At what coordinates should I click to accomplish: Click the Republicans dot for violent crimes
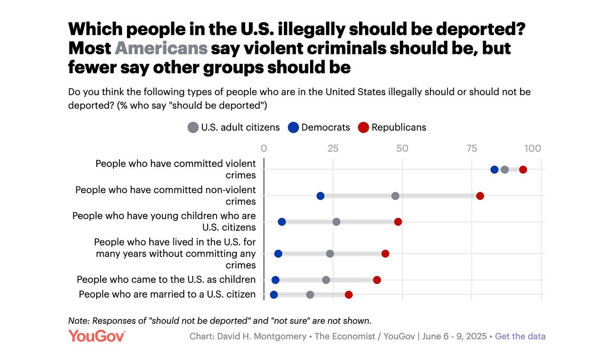[523, 169]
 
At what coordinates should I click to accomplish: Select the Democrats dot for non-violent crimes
[320, 196]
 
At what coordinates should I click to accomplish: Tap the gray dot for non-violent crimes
[395, 196]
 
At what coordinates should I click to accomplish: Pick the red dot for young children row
[398, 222]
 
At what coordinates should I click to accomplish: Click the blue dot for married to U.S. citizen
[274, 294]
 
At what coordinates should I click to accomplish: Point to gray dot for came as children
[326, 280]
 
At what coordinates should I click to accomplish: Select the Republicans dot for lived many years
[385, 253]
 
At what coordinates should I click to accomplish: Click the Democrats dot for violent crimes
[494, 169]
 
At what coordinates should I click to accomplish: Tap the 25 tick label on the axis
[333, 148]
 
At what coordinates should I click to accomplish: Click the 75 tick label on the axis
[472, 148]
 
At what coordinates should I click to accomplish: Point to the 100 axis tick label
[532, 148]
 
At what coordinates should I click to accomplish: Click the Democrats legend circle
[293, 128]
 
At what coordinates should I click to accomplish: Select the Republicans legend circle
[363, 128]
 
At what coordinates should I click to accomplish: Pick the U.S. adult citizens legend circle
[193, 128]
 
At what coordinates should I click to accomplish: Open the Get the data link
[520, 336]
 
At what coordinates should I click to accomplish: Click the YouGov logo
[97, 336]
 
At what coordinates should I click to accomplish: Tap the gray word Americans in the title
[161, 48]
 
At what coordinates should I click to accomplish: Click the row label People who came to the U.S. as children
[166, 280]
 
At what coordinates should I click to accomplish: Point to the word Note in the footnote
[78, 321]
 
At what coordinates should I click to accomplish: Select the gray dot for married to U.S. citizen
[310, 294]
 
